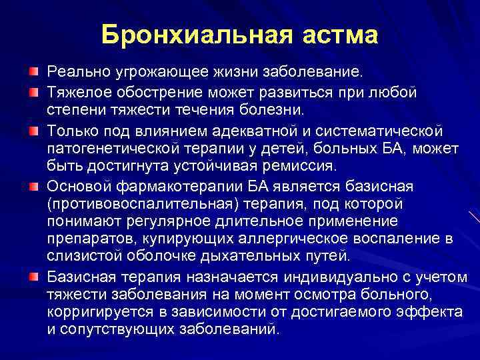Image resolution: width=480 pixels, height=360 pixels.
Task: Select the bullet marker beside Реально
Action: click(x=33, y=71)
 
